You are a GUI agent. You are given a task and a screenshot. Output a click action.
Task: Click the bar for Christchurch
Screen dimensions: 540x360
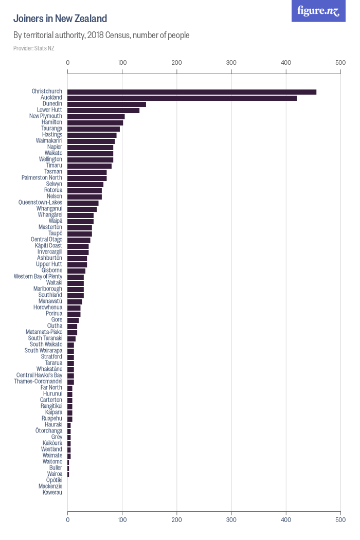coord(192,92)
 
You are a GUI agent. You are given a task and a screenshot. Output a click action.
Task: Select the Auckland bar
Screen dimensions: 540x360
coord(182,98)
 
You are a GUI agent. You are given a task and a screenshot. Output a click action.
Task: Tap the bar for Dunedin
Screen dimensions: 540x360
coord(106,104)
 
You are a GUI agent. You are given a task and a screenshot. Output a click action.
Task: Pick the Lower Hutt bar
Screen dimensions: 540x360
coord(103,110)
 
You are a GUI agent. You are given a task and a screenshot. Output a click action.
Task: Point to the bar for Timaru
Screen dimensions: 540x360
coord(89,166)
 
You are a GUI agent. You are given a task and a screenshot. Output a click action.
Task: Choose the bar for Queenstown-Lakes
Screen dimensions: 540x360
coord(83,203)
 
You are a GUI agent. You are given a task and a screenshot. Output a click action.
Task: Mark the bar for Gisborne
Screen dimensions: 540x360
coord(76,271)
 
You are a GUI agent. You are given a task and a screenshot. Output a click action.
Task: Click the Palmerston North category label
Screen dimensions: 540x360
coord(42,178)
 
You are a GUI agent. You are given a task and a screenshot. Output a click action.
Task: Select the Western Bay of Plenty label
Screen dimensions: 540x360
coord(38,277)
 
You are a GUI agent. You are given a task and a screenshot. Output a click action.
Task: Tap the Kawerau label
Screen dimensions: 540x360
coord(52,493)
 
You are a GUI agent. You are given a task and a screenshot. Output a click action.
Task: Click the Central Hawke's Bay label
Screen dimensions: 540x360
coord(39,375)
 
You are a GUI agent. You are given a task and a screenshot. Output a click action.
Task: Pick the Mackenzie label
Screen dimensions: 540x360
coord(50,487)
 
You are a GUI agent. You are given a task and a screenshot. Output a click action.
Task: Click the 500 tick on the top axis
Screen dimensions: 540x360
coord(340,63)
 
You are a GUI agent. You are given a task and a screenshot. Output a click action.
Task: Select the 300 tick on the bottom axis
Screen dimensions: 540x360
coord(231,520)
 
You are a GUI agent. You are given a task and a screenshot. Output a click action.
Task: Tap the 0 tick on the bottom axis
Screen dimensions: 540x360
coord(68,520)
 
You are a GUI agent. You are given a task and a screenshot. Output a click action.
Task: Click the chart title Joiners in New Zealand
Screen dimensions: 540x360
coord(60,19)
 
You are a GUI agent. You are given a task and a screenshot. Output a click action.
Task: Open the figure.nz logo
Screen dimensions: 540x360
coord(318,11)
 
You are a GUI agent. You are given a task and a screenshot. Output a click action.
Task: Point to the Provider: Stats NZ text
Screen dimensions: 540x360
coord(34,48)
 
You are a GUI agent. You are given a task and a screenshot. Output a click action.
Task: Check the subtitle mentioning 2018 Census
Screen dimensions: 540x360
coord(101,35)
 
